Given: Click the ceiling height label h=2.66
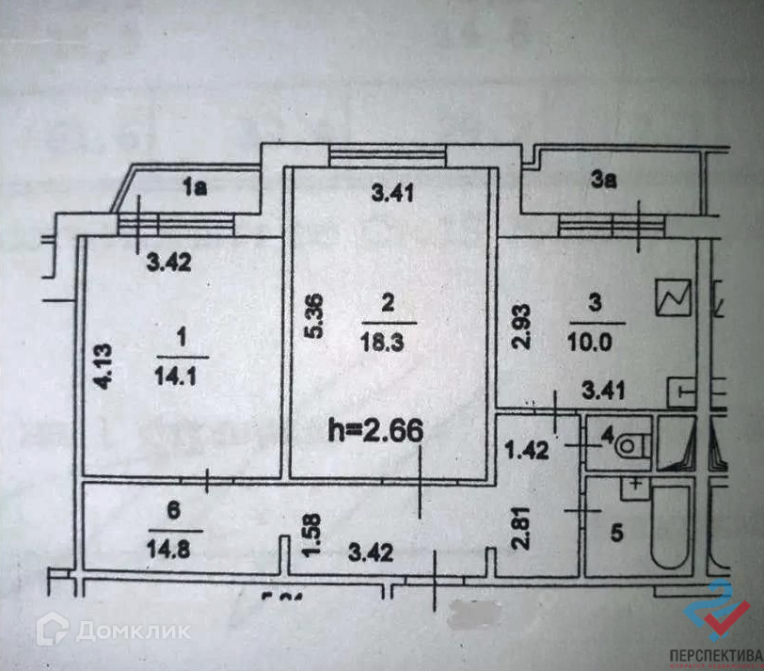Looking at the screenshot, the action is (375, 432).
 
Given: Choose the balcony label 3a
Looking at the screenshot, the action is (603, 183).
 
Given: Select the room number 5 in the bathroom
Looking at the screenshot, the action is (616, 534).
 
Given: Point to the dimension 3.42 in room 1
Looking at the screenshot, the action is (171, 264).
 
